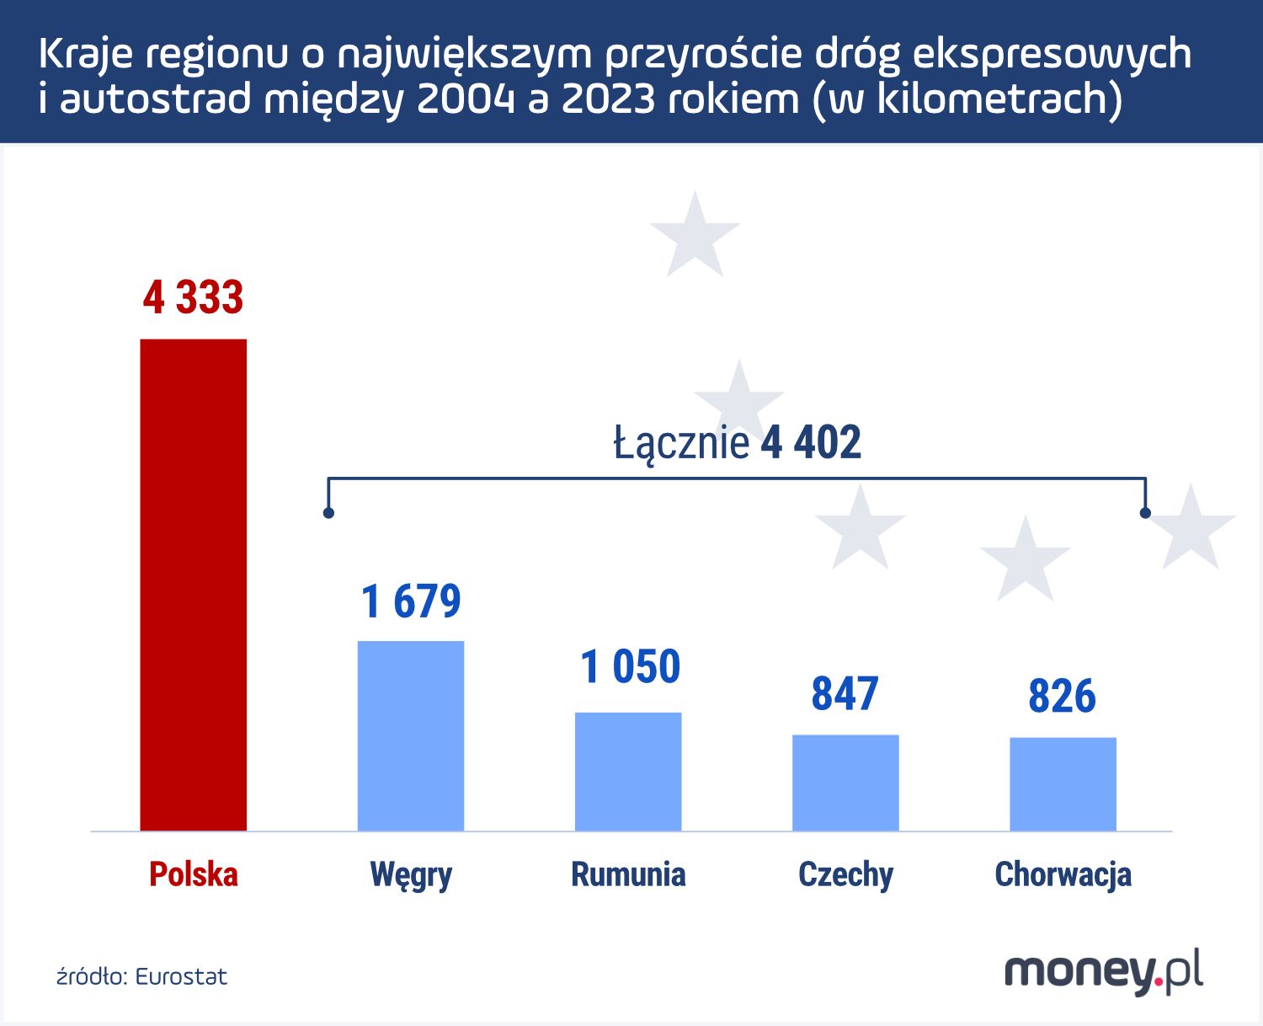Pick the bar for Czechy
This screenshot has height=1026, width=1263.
pos(845,783)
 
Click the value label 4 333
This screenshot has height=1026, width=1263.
pos(193,297)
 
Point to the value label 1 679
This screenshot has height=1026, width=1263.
pos(411,601)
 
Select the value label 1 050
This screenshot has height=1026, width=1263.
pos(630,666)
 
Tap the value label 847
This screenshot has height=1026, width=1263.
pos(845,694)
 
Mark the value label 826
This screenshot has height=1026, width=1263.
pos(1062,697)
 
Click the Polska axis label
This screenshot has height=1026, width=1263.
pos(193,874)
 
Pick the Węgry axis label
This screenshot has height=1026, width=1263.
pos(411,875)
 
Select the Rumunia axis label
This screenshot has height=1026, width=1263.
pos(628,874)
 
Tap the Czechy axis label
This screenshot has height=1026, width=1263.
pos(845,875)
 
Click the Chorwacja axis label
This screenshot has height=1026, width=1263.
pos(1063,874)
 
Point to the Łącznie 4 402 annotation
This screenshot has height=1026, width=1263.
pos(737,443)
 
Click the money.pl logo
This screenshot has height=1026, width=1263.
pos(1103,973)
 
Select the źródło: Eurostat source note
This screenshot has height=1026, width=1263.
pos(141,976)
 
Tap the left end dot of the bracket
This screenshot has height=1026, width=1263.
pos(328,512)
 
